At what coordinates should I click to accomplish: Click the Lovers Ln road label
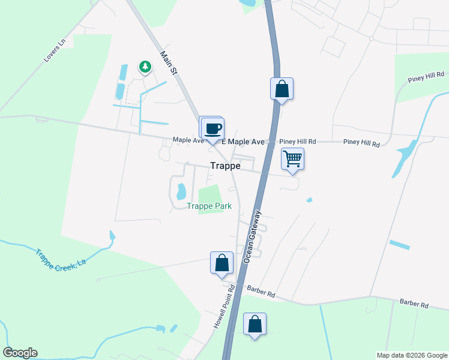[x=53, y=52]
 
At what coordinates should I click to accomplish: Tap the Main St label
[x=170, y=62]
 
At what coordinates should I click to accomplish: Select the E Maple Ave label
[x=243, y=142]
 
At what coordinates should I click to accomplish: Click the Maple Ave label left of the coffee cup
[x=188, y=140]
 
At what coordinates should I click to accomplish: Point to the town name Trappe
[x=226, y=166]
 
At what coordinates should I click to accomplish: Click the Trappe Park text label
[x=208, y=206]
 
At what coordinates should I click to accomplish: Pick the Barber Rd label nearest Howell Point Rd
[x=263, y=295]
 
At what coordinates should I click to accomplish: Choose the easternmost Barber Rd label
[x=414, y=304]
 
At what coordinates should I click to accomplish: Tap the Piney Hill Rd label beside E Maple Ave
[x=298, y=142]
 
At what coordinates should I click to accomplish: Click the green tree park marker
[x=145, y=67]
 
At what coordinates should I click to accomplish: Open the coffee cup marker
[x=212, y=128]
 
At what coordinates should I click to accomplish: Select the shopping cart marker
[x=292, y=159]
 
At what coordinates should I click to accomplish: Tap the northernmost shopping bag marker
[x=282, y=89]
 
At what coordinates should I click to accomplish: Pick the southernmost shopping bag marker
[x=255, y=324]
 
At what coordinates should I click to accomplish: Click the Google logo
[x=20, y=353]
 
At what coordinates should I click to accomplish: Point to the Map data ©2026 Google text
[x=411, y=355]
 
